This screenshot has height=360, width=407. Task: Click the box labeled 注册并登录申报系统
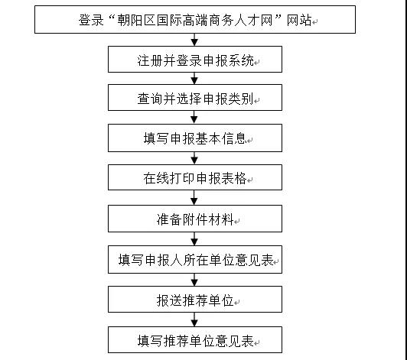point(195,60)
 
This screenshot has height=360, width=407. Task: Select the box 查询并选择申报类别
point(195,98)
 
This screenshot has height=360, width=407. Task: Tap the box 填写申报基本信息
point(195,138)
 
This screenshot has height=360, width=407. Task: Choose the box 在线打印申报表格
point(195,177)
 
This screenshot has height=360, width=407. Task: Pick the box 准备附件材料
point(195,219)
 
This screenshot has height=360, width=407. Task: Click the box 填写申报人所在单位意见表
point(195,260)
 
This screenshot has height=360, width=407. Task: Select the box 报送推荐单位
point(195,300)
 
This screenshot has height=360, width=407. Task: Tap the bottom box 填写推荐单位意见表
point(195,340)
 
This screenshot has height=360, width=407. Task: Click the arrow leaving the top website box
point(194,40)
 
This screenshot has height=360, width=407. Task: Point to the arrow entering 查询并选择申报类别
point(194,78)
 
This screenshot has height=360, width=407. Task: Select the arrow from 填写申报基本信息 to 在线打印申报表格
point(194,158)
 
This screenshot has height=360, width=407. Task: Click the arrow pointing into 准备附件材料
point(194,198)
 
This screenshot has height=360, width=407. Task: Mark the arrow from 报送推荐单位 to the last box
point(194,319)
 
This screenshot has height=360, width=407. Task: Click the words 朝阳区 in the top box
point(137,20)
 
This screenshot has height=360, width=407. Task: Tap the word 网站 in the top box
point(299,20)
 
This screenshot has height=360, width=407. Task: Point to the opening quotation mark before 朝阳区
point(112,17)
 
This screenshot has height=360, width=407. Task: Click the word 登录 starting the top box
point(91,20)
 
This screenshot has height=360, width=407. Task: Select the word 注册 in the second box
point(150,60)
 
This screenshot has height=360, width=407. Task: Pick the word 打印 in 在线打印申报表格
point(183,178)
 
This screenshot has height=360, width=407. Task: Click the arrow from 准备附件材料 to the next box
point(194,239)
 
